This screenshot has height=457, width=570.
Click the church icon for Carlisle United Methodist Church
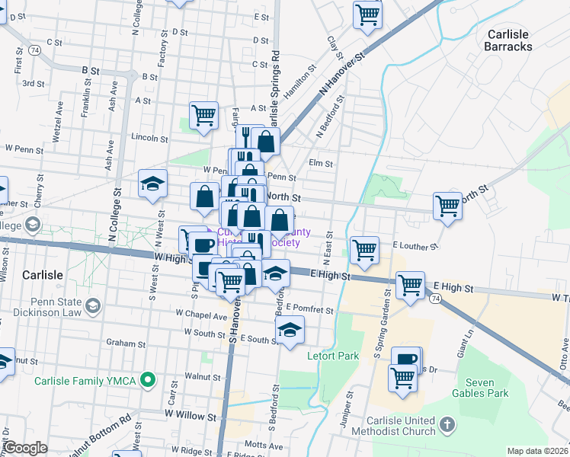click(447, 423)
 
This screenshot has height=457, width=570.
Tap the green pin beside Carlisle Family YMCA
click(151, 379)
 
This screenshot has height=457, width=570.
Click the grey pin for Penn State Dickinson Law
click(92, 305)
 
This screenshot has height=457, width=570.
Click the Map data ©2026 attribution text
click(537, 451)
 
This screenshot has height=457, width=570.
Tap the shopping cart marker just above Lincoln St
click(203, 116)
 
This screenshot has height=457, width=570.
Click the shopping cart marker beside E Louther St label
click(364, 249)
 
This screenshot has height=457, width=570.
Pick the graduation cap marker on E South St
click(289, 331)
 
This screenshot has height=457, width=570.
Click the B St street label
click(91, 69)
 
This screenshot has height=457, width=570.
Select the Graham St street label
click(120, 343)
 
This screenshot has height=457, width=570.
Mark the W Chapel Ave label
click(200, 313)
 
